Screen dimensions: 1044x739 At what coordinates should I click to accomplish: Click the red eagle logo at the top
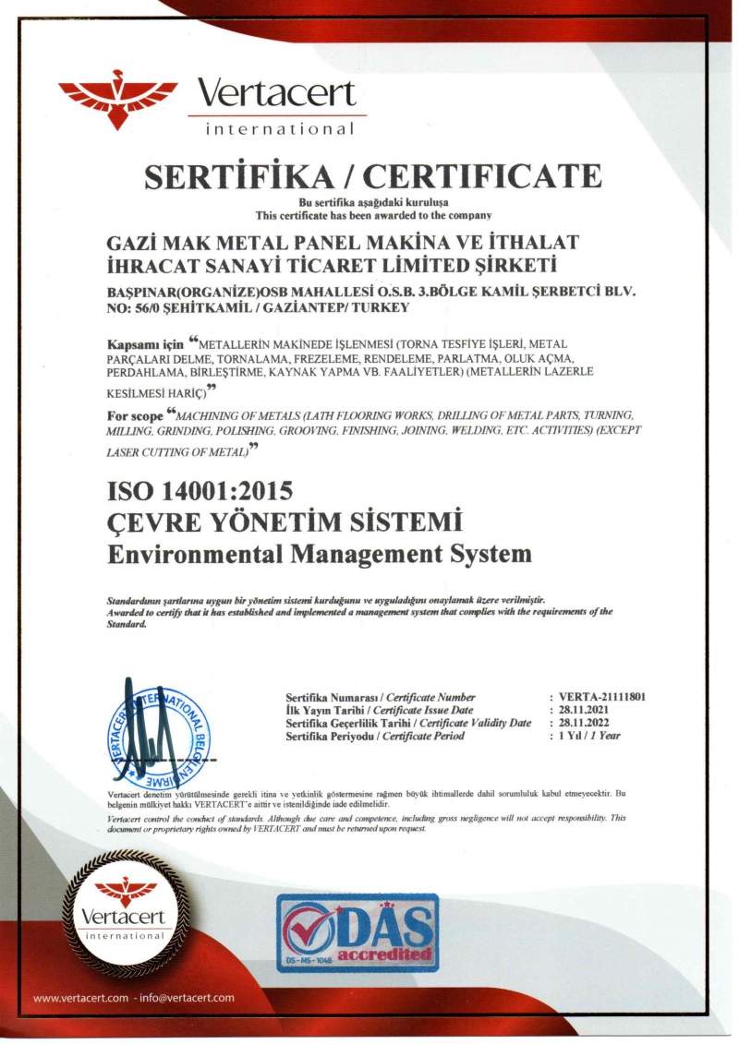(x=117, y=96)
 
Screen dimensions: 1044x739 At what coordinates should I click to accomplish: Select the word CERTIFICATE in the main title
(x=491, y=175)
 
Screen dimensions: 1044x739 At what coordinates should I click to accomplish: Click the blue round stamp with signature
(x=157, y=730)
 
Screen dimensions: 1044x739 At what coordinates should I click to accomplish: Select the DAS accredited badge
(x=357, y=932)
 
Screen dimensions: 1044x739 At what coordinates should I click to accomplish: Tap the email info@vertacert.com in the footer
(x=188, y=998)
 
